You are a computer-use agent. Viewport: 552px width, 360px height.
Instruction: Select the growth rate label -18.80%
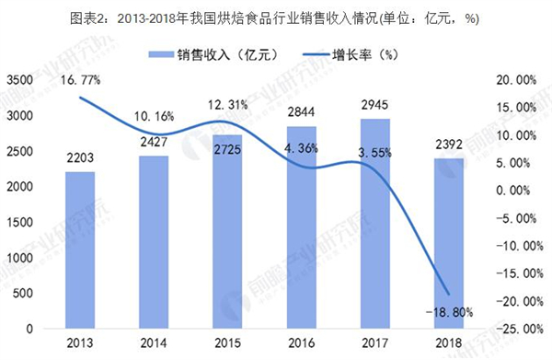tap(449, 313)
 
